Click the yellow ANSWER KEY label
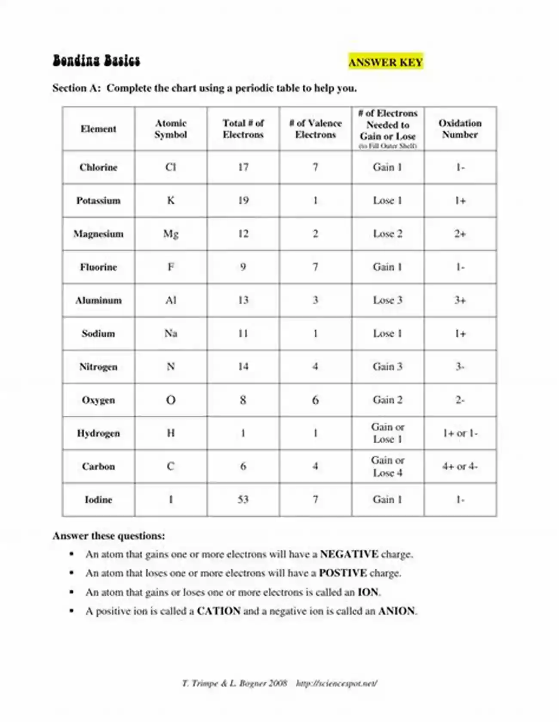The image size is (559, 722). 386,62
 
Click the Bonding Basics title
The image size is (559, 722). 96,61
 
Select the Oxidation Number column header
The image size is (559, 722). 460,129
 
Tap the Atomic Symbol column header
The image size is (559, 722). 171,129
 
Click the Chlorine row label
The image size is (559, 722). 98,168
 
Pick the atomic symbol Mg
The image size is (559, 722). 171,234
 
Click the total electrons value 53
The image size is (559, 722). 243,500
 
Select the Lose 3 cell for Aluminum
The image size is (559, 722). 387,300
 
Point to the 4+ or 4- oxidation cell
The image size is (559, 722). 460,466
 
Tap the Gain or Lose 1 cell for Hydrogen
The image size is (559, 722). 387,433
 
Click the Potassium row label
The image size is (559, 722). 98,201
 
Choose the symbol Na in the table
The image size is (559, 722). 171,334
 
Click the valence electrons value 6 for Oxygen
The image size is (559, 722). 315,400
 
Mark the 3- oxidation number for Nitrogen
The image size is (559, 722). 460,367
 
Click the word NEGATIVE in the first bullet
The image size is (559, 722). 349,554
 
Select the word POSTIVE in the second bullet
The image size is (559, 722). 343,573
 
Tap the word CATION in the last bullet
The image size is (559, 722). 218,611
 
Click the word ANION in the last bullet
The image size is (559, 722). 396,611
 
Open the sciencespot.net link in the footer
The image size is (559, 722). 336,683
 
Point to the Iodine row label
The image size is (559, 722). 98,500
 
